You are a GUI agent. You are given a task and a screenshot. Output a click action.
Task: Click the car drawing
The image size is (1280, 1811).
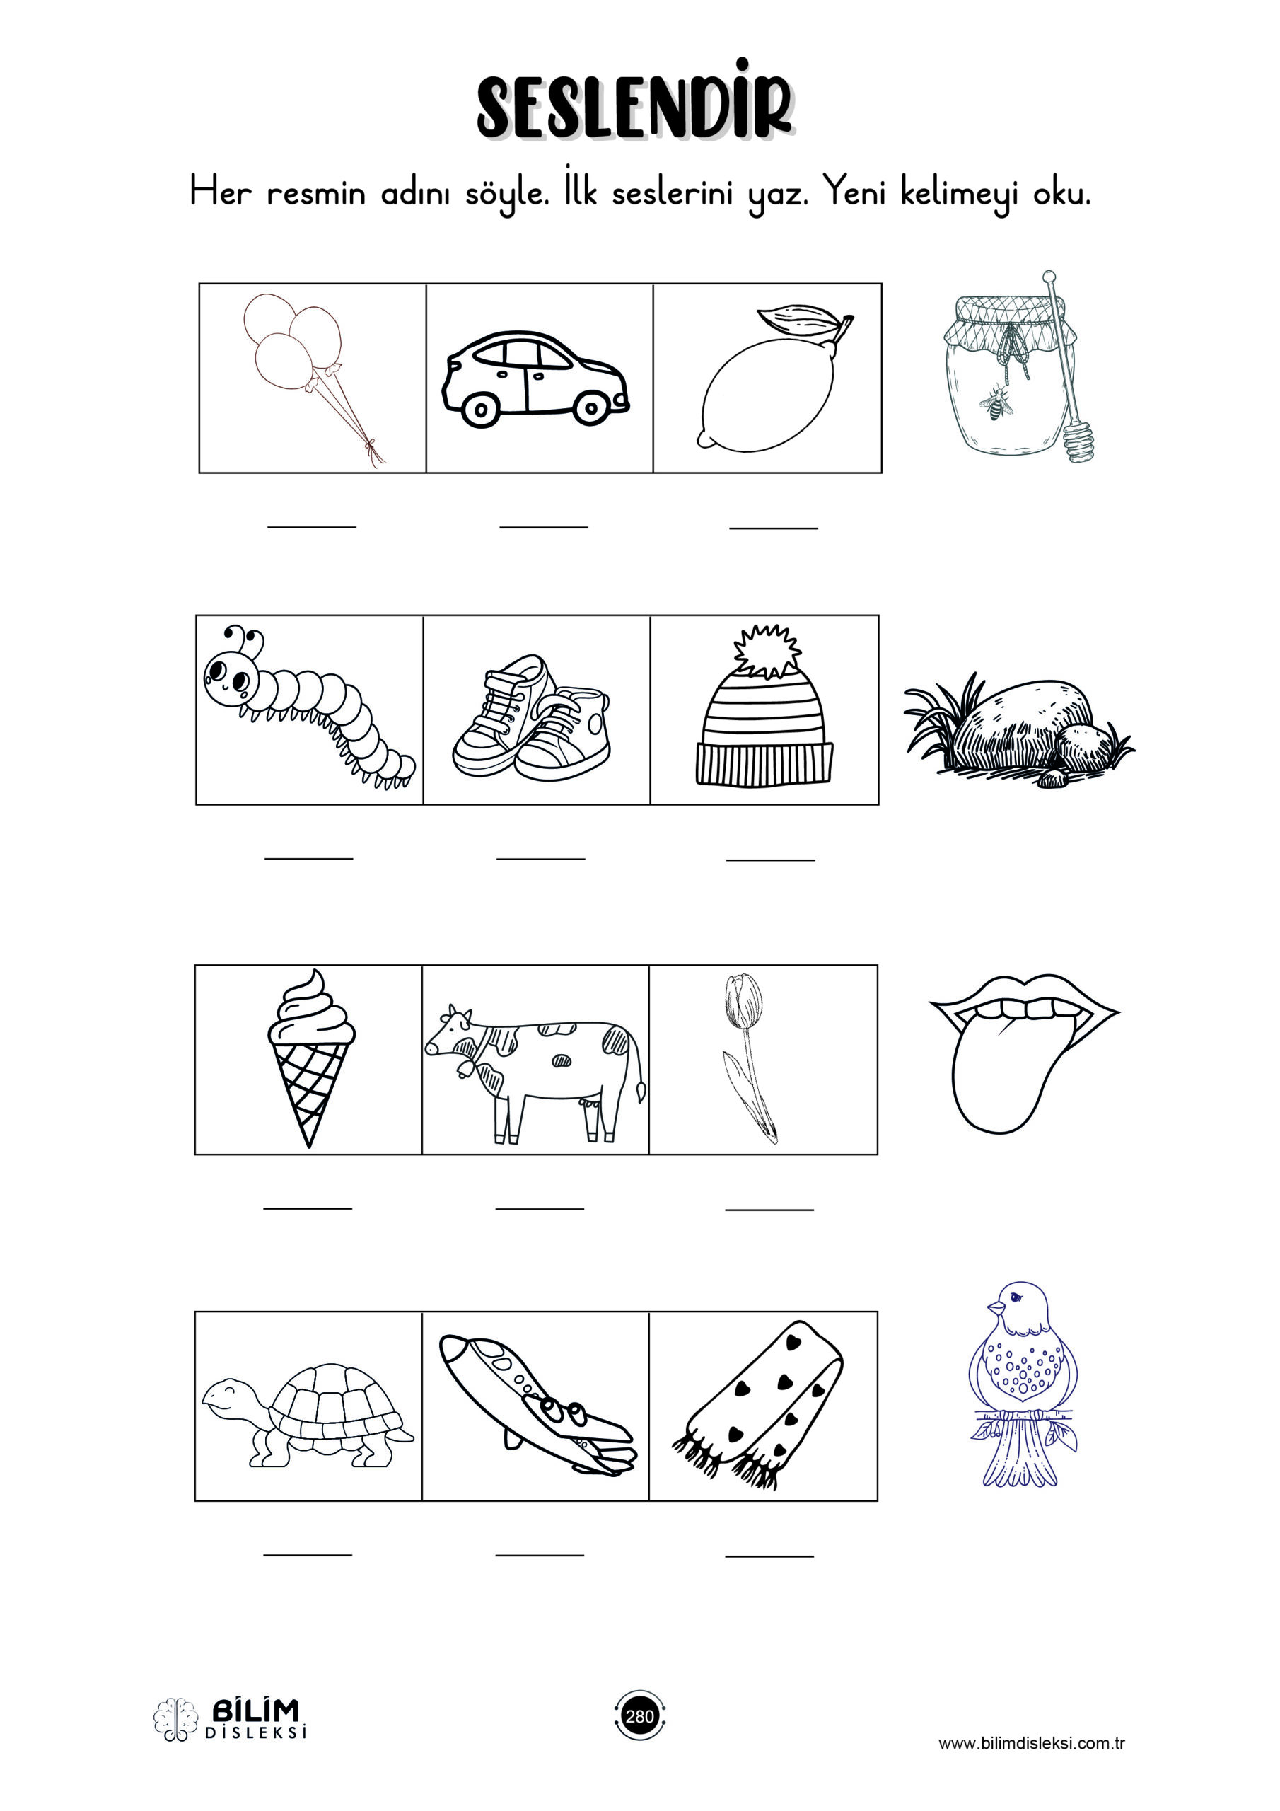535,379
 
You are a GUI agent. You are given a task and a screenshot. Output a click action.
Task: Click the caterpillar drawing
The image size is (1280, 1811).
308,706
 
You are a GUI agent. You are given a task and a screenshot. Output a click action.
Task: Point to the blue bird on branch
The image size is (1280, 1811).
1023,1384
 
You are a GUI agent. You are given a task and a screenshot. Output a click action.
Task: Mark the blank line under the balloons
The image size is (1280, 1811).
312,526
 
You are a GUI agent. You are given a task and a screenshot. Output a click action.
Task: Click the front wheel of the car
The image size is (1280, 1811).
478,410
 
